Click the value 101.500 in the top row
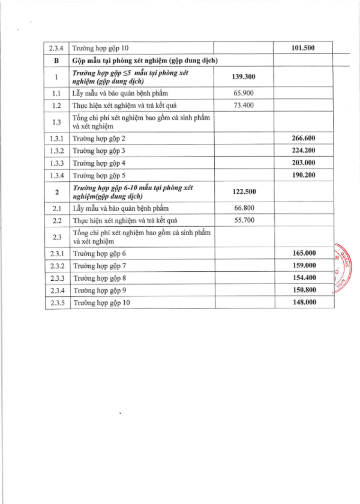[x=303, y=48]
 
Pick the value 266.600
[x=303, y=137]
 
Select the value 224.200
[x=303, y=150]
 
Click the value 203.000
[x=303, y=163]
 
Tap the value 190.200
[x=303, y=175]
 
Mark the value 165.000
[x=303, y=253]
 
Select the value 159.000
[x=303, y=265]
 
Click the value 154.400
[x=303, y=278]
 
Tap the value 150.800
[x=303, y=290]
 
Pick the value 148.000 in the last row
[x=303, y=302]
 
